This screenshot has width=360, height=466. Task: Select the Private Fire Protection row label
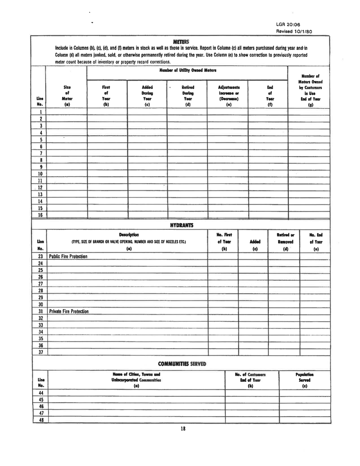point(68,312)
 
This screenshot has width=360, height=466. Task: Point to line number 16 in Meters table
point(39,215)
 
